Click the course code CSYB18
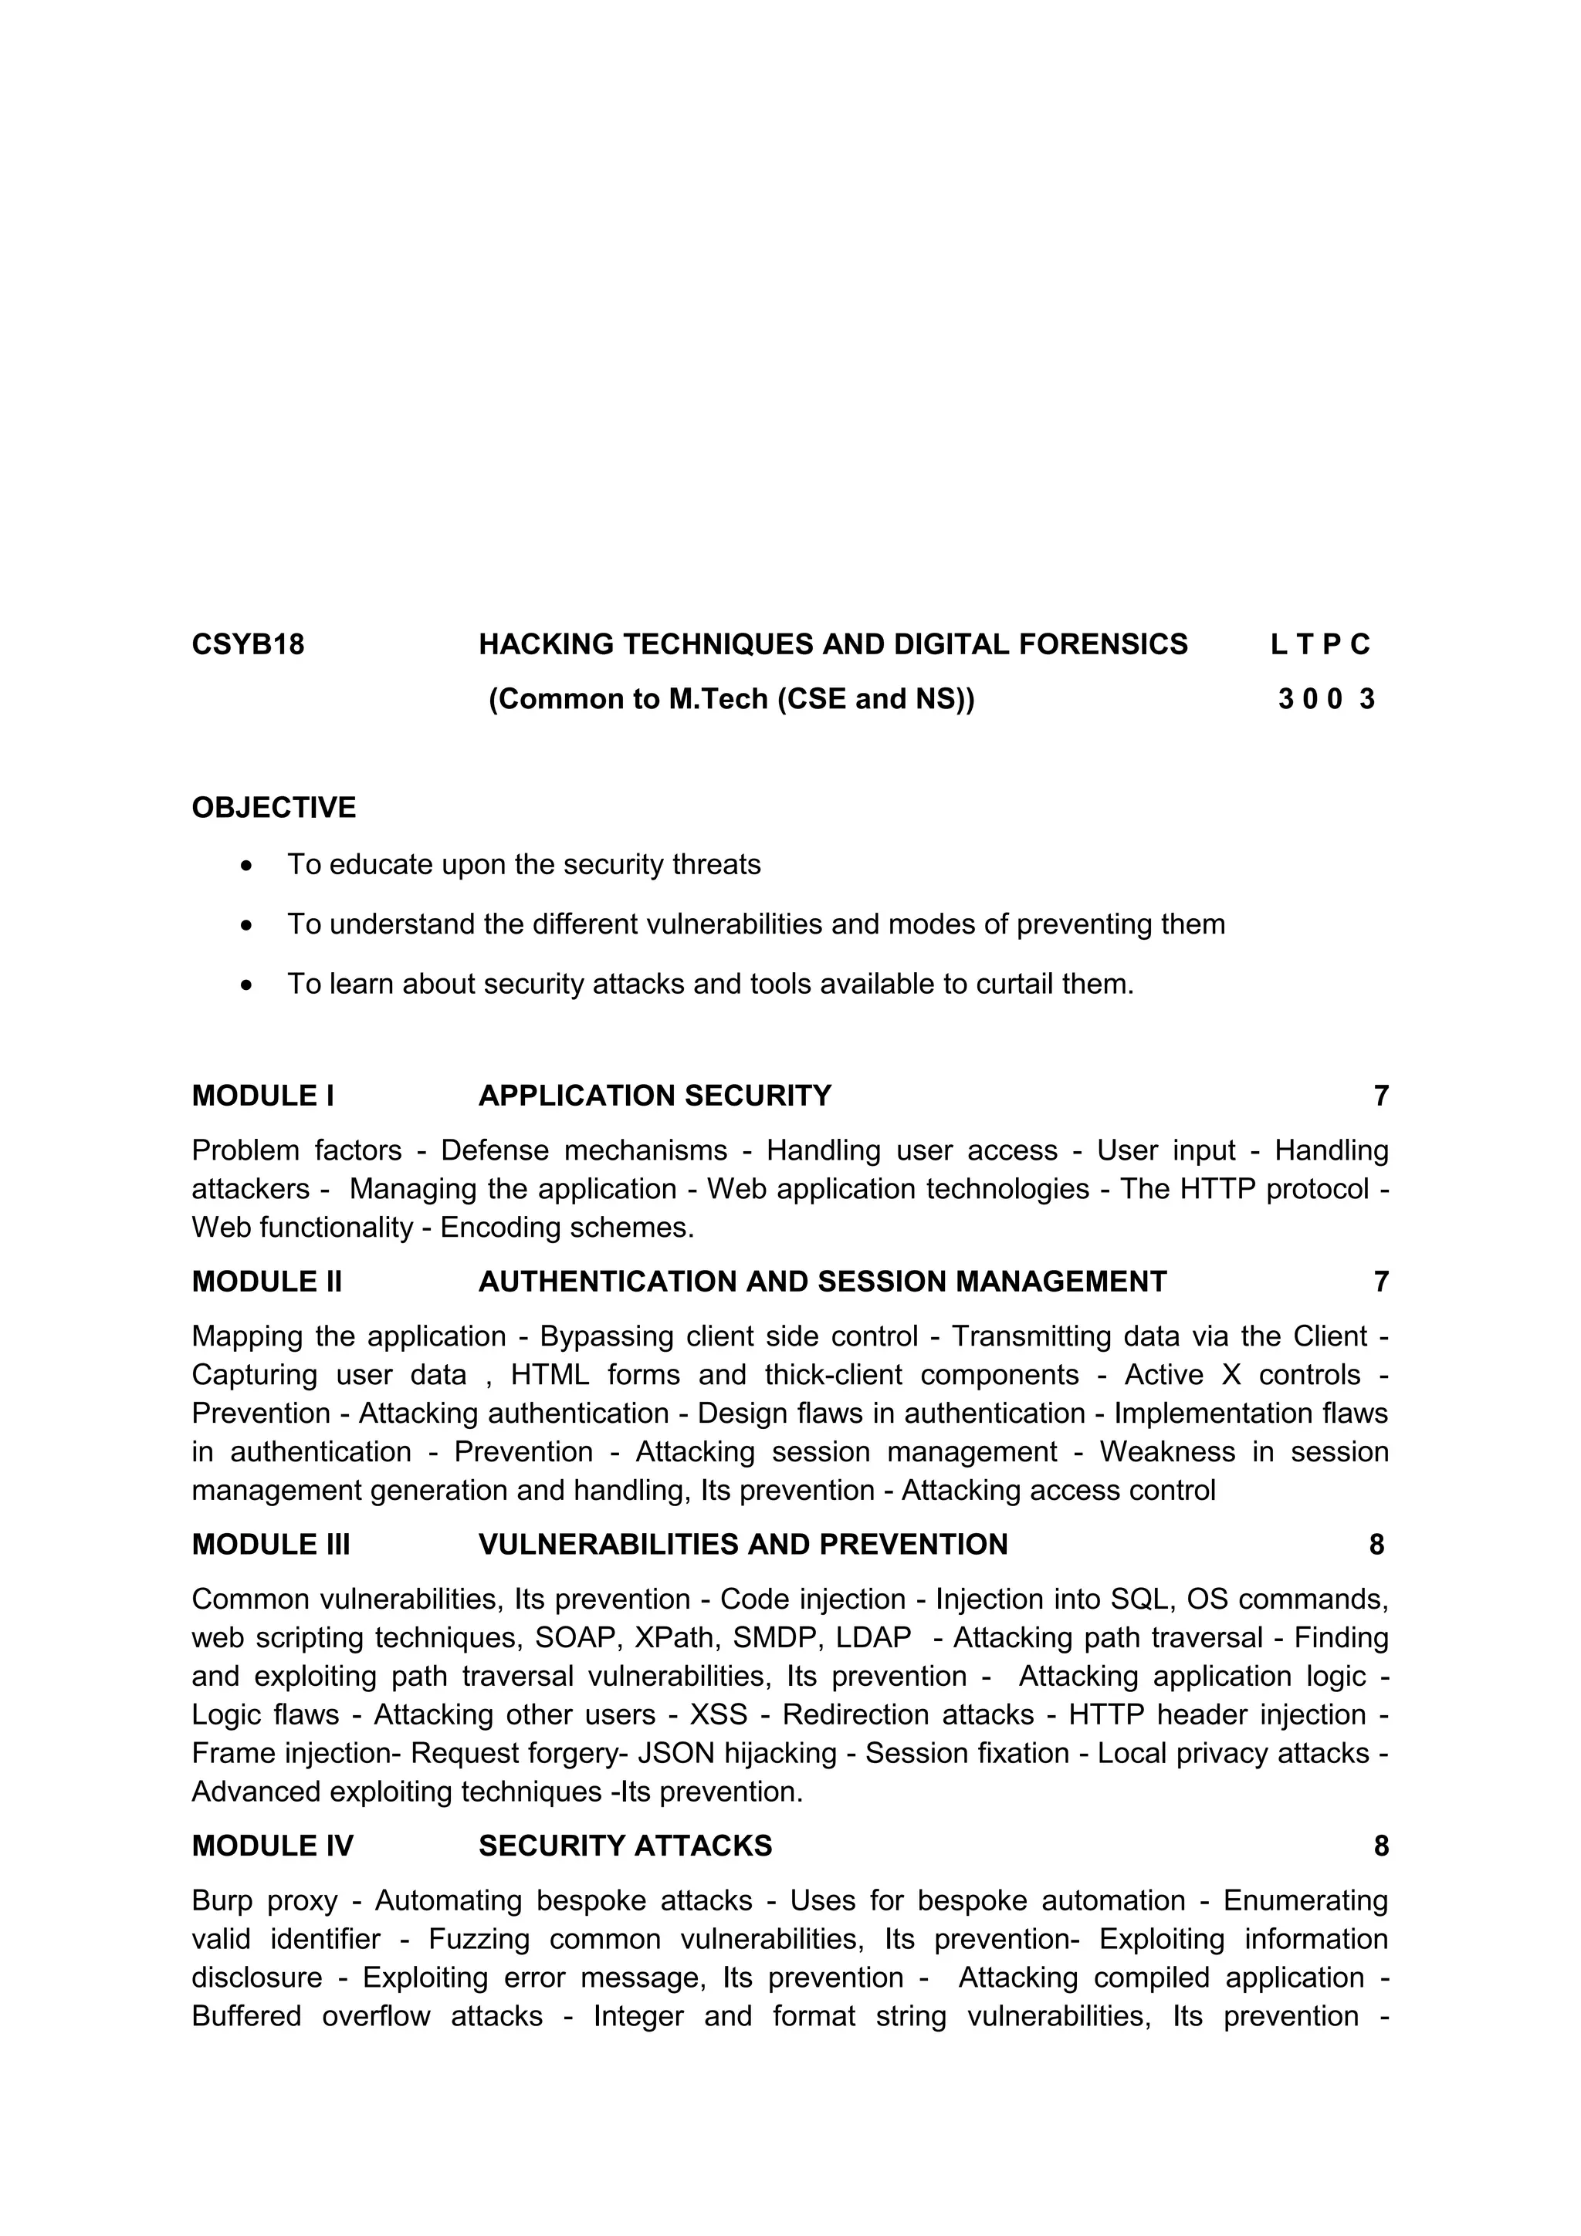(x=248, y=645)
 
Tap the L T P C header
(x=1320, y=645)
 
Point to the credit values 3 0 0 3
(x=1325, y=699)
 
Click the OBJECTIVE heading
(x=274, y=807)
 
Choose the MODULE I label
(x=263, y=1096)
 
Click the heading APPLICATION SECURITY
(x=655, y=1096)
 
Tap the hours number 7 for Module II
(x=1380, y=1282)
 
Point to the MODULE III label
(x=271, y=1545)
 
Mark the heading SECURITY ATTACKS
(x=625, y=1846)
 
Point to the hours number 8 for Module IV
(x=1380, y=1846)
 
